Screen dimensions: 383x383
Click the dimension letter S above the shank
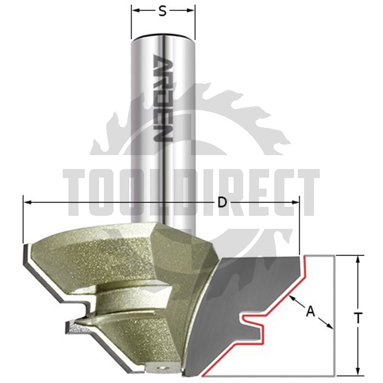coord(162,11)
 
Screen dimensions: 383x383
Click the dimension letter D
coord(222,202)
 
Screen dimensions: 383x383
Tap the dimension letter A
coord(310,312)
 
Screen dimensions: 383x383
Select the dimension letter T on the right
coord(358,318)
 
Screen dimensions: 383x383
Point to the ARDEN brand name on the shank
coord(163,98)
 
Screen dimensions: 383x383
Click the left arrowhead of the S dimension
coord(135,11)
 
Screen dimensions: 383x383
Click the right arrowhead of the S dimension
coord(191,11)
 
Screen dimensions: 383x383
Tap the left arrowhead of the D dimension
coord(27,202)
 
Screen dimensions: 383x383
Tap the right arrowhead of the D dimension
coord(295,202)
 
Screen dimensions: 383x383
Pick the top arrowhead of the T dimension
coord(358,259)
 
